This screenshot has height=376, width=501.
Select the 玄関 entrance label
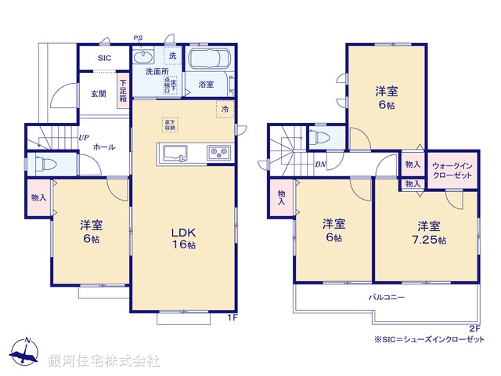[x=98, y=95]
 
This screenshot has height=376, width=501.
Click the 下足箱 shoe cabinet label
[x=123, y=89]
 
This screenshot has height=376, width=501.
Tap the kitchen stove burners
[x=217, y=152]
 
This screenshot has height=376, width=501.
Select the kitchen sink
[x=174, y=152]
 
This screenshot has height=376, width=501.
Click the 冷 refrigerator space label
[x=225, y=110]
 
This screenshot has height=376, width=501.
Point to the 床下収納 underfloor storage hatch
[x=169, y=126]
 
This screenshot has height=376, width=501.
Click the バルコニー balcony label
[x=387, y=298]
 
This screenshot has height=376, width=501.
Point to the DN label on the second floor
[x=320, y=164]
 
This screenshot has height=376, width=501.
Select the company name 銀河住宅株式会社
[x=103, y=360]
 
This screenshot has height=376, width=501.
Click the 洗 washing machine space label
[x=173, y=56]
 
